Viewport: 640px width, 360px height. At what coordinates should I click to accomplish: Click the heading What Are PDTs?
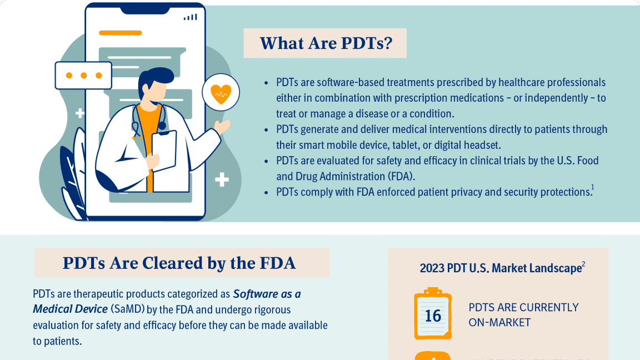[x=326, y=43]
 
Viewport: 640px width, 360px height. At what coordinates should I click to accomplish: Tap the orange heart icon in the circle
[x=221, y=94]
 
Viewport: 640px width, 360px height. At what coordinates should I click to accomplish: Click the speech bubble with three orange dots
[x=83, y=76]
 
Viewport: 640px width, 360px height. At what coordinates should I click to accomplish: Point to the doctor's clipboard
[x=164, y=151]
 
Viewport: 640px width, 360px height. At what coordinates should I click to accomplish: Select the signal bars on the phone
[x=190, y=17]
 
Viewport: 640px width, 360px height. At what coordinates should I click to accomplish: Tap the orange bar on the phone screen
[x=121, y=33]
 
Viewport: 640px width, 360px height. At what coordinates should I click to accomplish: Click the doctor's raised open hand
[x=222, y=127]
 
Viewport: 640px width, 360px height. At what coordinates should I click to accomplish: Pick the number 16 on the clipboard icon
[x=433, y=316]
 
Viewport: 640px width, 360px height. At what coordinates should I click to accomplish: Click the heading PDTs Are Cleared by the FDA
[x=179, y=263]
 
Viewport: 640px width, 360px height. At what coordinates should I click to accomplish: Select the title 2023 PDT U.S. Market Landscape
[x=501, y=268]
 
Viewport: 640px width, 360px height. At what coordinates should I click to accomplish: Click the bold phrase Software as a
[x=267, y=294]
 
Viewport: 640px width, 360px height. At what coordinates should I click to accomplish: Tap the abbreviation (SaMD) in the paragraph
[x=128, y=309]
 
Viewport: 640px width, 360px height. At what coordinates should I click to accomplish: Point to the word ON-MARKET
[x=499, y=322]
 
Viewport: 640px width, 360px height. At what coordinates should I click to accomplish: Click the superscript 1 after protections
[x=593, y=187]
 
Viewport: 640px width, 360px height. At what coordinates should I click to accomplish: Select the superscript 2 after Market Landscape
[x=584, y=264]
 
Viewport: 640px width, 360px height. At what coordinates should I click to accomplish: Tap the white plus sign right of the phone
[x=222, y=179]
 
